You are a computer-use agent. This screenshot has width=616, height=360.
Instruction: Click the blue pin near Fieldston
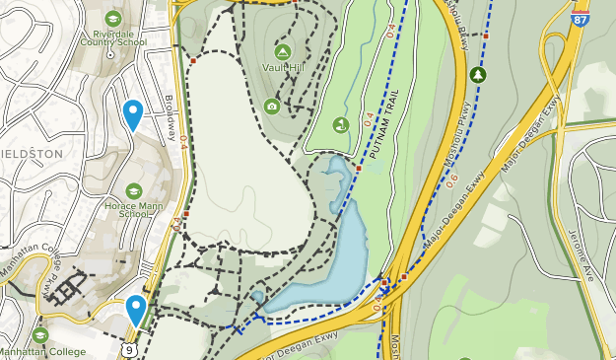(132, 112)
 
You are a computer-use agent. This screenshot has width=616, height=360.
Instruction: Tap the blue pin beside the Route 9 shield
(136, 309)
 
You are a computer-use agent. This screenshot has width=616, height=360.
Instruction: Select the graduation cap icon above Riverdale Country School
(113, 18)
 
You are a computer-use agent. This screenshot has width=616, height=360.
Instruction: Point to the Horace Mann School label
(134, 208)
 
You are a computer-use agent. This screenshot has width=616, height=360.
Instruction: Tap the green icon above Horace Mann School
(134, 190)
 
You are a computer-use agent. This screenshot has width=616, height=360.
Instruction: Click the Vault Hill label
(283, 67)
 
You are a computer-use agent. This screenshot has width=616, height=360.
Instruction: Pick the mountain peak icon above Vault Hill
(283, 50)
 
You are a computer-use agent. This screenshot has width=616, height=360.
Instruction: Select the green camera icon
(272, 107)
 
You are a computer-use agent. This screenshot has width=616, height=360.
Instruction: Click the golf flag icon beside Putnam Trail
(341, 125)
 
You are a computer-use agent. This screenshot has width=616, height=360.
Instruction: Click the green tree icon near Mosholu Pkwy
(479, 74)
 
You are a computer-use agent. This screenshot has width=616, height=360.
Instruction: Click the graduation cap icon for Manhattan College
(40, 334)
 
